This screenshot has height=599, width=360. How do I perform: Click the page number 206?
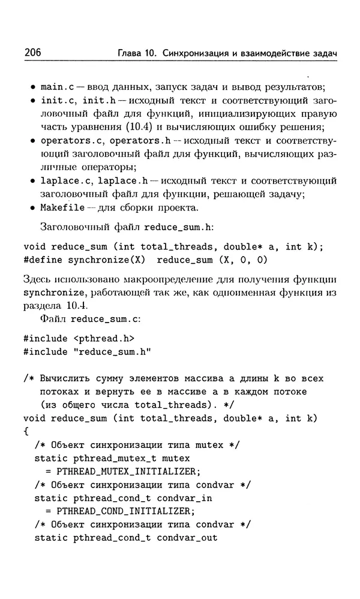point(32,53)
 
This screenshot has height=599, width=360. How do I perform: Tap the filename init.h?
point(99,100)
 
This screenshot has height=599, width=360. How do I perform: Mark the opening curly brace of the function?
point(26,431)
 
